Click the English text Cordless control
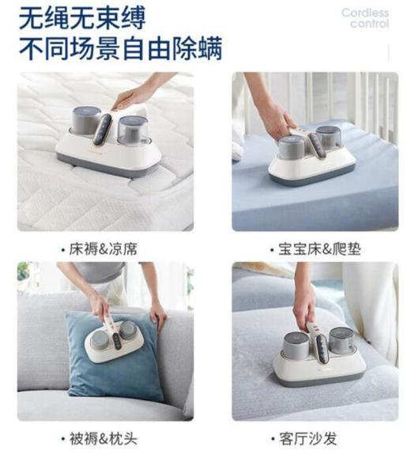[364, 18]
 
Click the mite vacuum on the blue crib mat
[312, 154]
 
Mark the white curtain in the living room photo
[379, 308]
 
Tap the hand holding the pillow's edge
[159, 312]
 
